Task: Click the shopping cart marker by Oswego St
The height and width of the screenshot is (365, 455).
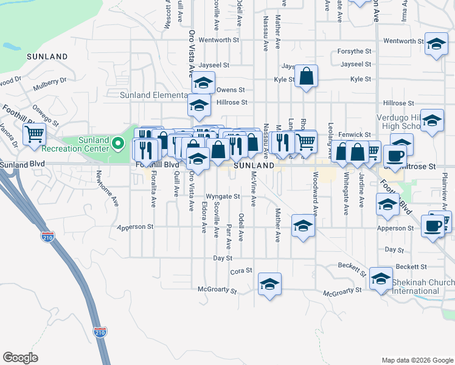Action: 35,133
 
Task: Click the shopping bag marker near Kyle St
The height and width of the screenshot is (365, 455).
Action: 307,77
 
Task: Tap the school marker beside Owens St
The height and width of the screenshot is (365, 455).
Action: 203,83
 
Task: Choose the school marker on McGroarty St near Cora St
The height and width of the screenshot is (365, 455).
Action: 270,283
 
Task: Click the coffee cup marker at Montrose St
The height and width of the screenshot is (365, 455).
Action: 394,155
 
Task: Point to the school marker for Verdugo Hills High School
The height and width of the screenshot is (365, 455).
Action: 432,121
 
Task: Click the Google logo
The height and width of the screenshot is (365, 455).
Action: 20,357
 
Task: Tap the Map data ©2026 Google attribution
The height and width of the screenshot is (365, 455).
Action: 417,360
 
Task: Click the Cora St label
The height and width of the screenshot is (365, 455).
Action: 241,271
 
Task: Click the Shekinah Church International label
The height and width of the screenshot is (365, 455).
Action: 423,287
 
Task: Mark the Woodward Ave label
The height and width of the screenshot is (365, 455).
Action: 315,197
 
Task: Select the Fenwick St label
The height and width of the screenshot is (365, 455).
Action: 356,134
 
